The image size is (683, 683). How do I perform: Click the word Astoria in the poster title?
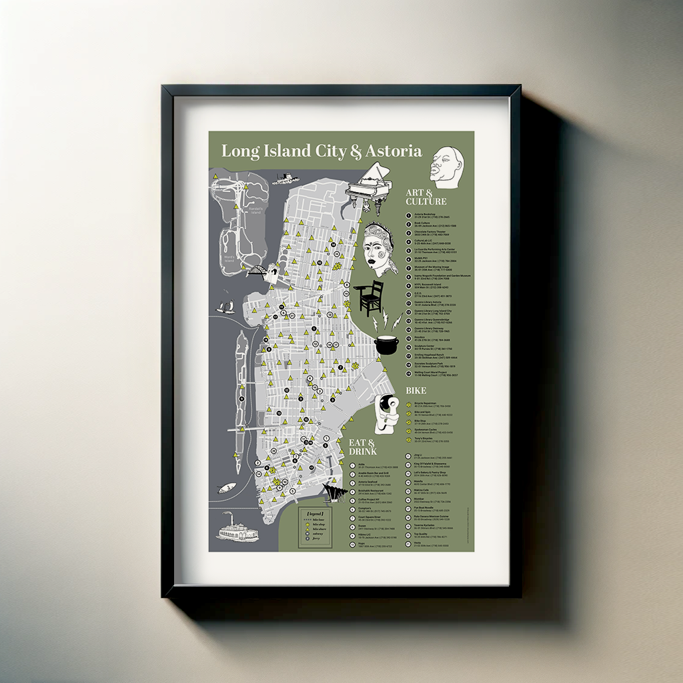394,151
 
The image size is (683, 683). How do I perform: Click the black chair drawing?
371,297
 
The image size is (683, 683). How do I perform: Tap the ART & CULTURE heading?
426,197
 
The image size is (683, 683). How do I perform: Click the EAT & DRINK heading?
362,447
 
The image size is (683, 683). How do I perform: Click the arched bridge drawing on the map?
258,270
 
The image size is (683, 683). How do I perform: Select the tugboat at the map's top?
285,178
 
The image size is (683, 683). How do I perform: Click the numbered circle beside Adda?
352,466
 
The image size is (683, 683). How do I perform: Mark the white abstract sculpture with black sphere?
384,412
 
